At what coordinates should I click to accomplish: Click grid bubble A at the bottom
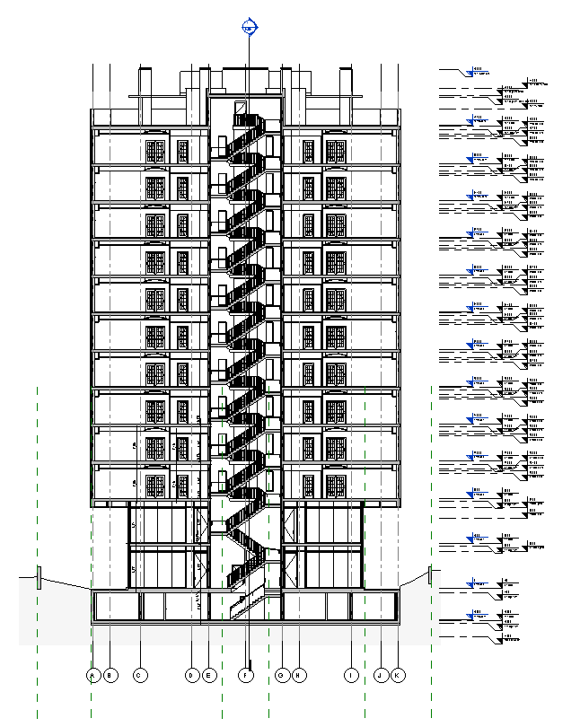92,674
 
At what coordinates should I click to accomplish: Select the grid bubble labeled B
110,674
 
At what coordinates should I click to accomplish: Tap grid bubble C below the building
139,674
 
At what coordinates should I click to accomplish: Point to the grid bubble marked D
191,674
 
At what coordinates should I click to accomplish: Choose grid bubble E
209,674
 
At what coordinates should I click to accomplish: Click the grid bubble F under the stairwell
245,674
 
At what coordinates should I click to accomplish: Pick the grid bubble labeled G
282,674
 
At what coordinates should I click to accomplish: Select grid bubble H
299,674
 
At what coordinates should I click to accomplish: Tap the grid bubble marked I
352,674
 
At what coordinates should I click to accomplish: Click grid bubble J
381,674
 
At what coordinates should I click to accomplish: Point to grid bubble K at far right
398,674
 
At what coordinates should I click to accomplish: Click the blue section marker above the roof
250,27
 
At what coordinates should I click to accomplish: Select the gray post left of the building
39,577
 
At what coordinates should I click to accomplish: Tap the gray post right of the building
431,574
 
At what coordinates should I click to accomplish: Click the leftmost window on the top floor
155,151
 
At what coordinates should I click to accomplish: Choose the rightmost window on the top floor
335,151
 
